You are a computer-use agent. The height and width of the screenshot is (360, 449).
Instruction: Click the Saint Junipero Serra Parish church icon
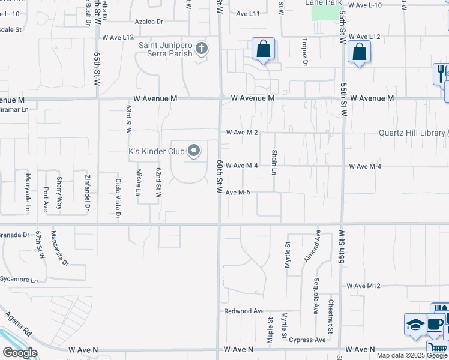click(202, 49)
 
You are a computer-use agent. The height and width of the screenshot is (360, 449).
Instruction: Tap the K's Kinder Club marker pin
click(194, 151)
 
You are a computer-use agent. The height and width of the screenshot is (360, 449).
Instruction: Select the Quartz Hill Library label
click(412, 133)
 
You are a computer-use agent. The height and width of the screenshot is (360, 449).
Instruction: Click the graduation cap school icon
click(415, 325)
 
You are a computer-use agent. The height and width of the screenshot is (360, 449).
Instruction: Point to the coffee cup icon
click(435, 325)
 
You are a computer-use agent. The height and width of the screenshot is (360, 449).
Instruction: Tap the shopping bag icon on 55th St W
click(359, 53)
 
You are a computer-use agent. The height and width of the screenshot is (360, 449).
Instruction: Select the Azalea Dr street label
click(149, 22)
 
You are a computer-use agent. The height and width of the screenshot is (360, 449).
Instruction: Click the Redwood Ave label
click(244, 311)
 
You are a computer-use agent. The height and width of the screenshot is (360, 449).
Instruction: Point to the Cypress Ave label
click(307, 340)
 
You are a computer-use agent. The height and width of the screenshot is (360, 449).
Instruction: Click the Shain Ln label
click(274, 163)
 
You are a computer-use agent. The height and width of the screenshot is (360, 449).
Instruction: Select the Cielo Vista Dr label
click(118, 198)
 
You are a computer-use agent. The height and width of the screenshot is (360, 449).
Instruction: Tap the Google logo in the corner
click(20, 353)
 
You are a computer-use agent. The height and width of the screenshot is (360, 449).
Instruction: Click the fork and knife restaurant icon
click(441, 73)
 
